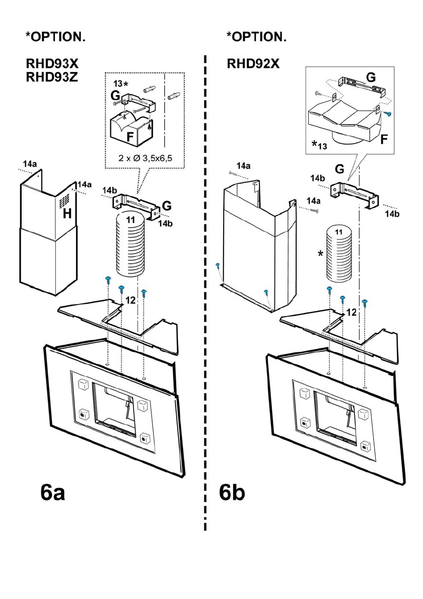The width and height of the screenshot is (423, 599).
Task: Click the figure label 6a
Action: click(53, 493)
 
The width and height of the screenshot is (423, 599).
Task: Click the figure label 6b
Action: click(232, 493)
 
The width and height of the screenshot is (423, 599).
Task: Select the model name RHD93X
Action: click(52, 64)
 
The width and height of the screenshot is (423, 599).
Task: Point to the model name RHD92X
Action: click(253, 64)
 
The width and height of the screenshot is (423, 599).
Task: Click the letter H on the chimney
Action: click(67, 214)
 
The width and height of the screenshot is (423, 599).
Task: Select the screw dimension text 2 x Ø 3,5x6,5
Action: click(146, 158)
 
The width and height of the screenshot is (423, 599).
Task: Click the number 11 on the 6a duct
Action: click(130, 219)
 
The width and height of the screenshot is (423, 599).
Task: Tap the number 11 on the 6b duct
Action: click(338, 232)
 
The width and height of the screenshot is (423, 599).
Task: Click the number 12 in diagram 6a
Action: click(130, 300)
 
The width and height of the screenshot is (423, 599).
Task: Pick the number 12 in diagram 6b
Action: click(351, 313)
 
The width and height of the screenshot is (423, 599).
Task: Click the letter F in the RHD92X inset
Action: click(384, 139)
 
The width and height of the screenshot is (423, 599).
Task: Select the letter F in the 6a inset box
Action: click(130, 136)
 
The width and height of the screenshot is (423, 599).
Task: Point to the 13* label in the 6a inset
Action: click(120, 83)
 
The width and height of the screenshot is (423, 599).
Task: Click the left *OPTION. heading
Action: click(55, 36)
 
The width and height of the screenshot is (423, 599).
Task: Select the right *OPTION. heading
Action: click(256, 36)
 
